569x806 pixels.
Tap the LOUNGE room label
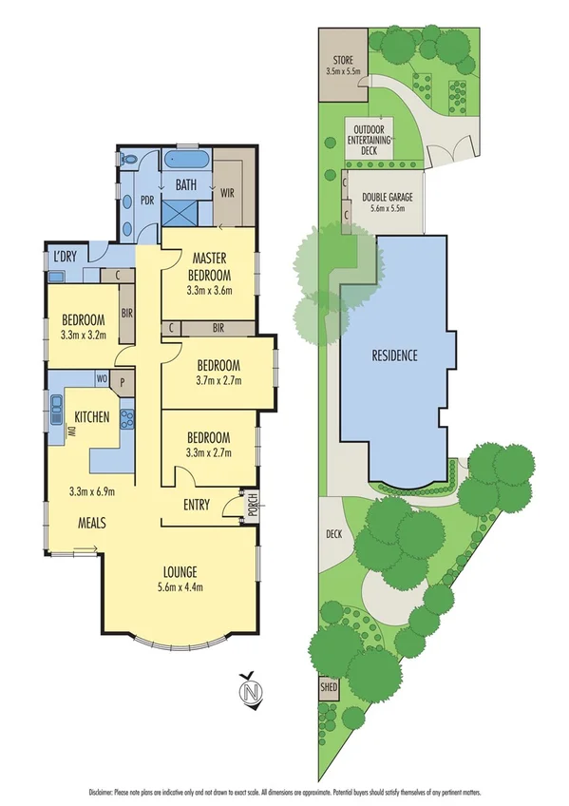pos(179,572)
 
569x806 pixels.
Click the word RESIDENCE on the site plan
pos(393,356)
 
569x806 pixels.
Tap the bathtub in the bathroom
pos(185,158)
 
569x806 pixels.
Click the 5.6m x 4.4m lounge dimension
pos(179,586)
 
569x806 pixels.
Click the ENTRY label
pos(197,506)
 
